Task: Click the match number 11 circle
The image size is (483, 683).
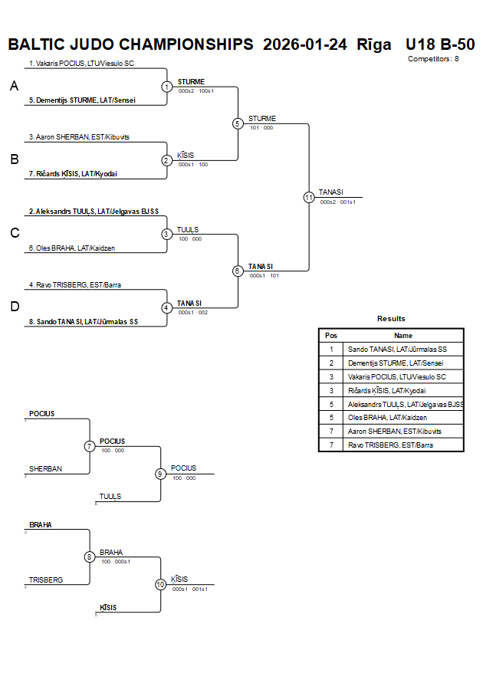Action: [308, 197]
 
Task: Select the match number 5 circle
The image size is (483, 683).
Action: [238, 123]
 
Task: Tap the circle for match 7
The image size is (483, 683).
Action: [90, 445]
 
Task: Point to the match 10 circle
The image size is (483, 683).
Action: [160, 584]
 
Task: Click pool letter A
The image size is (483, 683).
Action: [14, 87]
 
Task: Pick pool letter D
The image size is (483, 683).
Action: [14, 307]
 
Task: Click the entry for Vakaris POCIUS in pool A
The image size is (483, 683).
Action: [81, 64]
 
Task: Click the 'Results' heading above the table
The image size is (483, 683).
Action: [391, 319]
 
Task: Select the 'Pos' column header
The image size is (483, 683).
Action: [331, 335]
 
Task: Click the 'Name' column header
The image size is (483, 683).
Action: [402, 335]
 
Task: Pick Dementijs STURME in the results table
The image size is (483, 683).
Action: [395, 363]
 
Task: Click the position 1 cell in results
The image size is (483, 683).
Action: [331, 349]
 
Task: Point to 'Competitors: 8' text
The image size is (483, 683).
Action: [433, 58]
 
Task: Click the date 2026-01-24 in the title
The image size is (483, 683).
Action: [304, 44]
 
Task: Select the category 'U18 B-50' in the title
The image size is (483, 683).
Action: [439, 44]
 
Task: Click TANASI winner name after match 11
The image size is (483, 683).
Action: [330, 192]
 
